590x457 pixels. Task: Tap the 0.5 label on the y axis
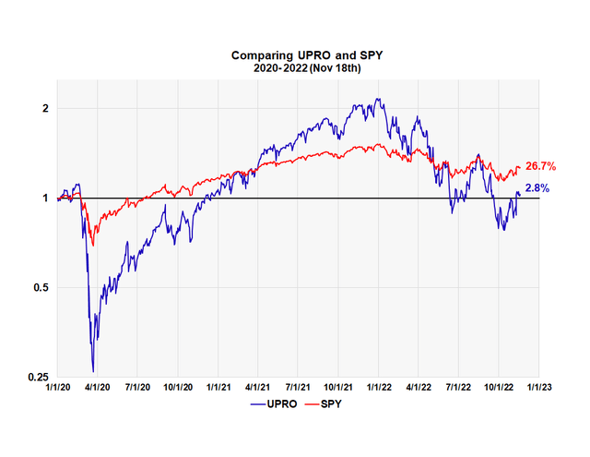pyautogui.click(x=41, y=288)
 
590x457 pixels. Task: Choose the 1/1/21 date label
pyautogui.click(x=218, y=389)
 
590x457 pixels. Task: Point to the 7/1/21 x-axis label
pyautogui.click(x=298, y=389)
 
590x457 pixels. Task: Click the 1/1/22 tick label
pyautogui.click(x=378, y=389)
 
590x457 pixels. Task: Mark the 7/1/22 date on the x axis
pyautogui.click(x=458, y=389)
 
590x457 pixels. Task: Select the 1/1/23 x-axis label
pyautogui.click(x=538, y=389)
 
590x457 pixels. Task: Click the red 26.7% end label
pyautogui.click(x=540, y=167)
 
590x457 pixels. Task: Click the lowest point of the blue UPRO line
pyautogui.click(x=93, y=371)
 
